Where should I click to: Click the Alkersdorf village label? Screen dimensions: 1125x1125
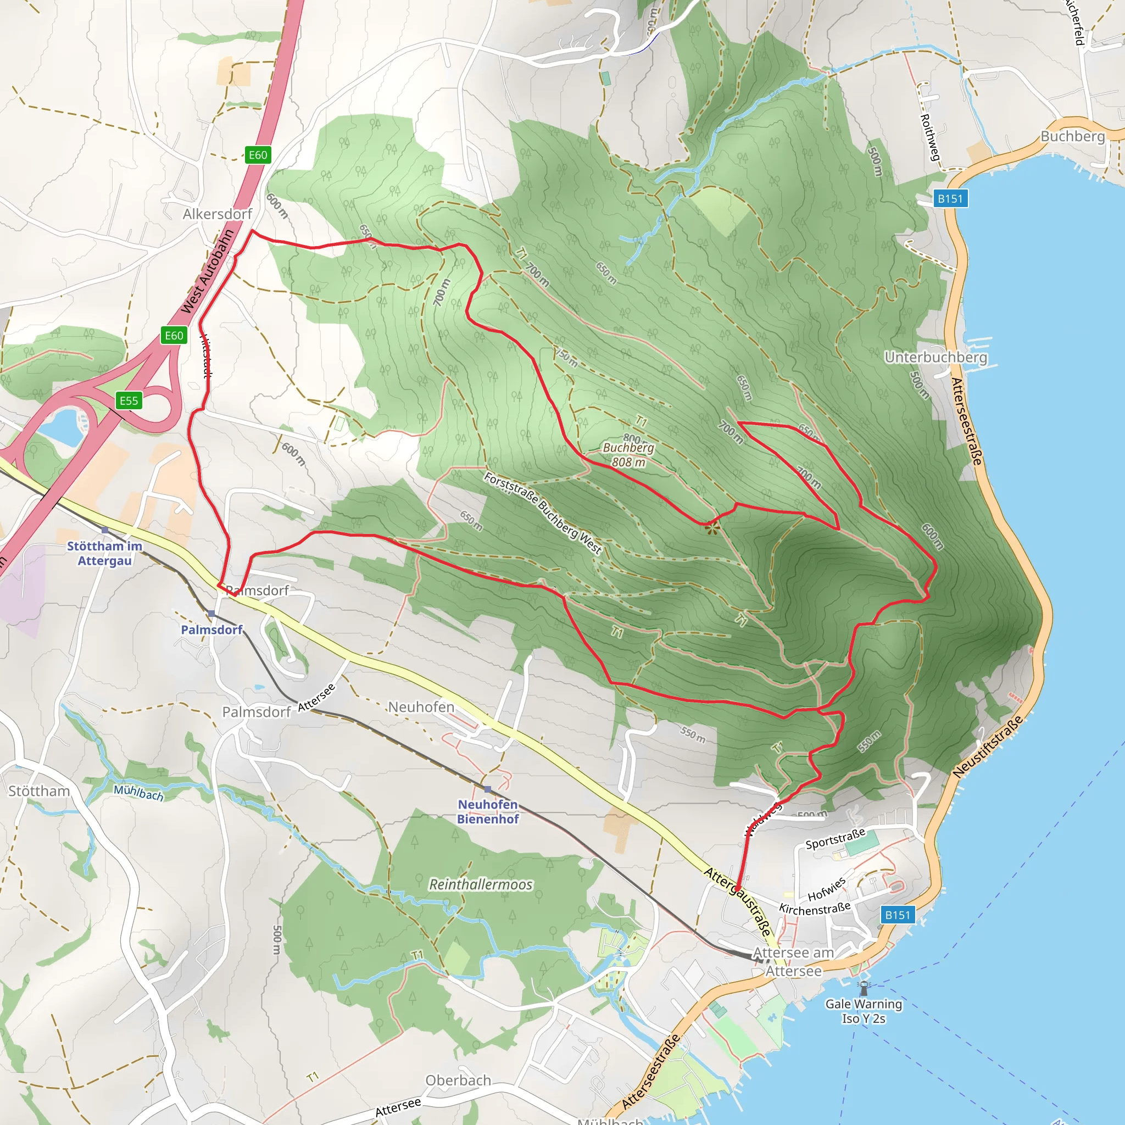[217, 214]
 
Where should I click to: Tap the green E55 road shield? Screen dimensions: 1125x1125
[129, 400]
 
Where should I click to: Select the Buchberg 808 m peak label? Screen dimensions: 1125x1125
[628, 455]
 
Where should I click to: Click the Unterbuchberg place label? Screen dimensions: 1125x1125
[935, 357]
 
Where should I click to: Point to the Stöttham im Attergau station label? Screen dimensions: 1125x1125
[105, 553]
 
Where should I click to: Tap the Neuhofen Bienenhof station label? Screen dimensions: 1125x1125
[487, 812]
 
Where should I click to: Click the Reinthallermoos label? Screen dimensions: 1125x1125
[481, 884]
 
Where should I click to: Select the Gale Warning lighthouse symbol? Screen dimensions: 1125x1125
[864, 988]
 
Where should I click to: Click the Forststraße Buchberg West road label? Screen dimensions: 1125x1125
[543, 513]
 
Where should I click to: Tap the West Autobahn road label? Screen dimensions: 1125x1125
[207, 271]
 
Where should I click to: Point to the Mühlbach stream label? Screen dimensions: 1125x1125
[138, 793]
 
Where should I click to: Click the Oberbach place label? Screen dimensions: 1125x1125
[458, 1080]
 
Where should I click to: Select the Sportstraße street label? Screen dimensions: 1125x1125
[835, 839]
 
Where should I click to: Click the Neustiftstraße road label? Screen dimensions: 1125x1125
[988, 747]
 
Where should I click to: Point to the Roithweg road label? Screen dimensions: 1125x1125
[929, 137]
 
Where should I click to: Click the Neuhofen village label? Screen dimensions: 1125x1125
[421, 707]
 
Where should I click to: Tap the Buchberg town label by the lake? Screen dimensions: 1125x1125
[1073, 136]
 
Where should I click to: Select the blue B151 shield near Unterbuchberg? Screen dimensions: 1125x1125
[950, 198]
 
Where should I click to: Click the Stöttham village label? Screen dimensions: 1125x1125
[39, 791]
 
